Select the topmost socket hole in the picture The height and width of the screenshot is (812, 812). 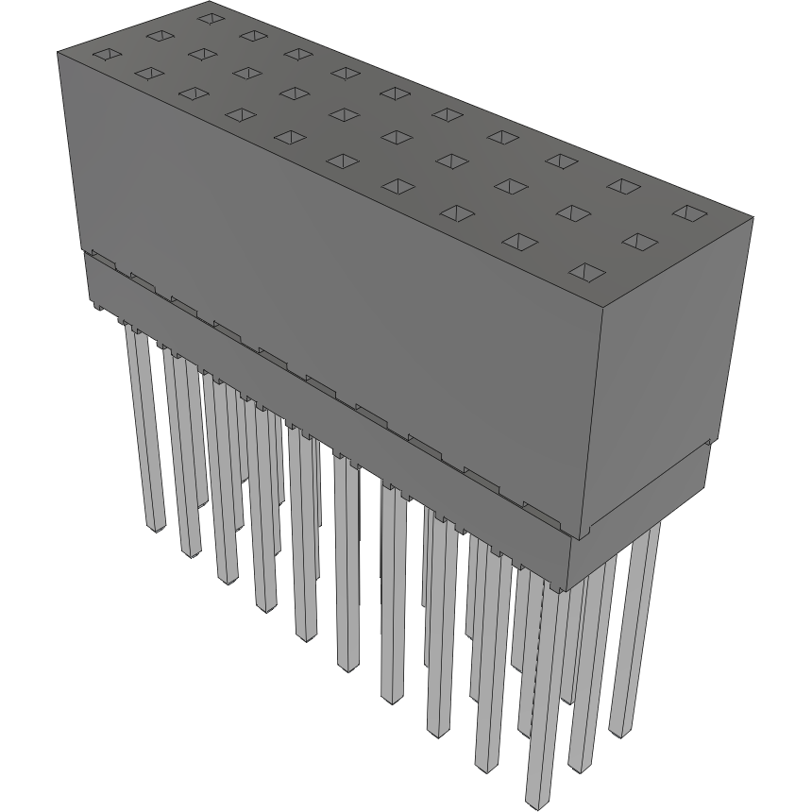[211, 18]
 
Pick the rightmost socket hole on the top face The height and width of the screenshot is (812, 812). [689, 213]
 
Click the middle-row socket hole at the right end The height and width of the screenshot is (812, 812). [640, 243]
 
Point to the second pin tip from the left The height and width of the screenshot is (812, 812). [190, 550]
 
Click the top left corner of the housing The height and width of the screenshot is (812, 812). [59, 52]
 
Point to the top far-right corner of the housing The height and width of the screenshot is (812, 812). [753, 218]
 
